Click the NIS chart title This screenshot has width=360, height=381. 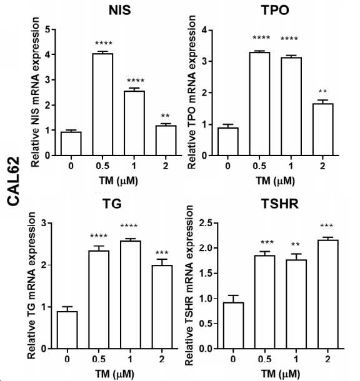click(x=119, y=10)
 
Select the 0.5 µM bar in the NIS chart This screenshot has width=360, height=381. click(x=102, y=104)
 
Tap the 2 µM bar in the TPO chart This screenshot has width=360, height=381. click(x=322, y=129)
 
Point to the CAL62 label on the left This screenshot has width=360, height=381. click(x=13, y=181)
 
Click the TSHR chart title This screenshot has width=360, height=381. click(x=280, y=204)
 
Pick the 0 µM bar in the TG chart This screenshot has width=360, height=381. click(x=67, y=330)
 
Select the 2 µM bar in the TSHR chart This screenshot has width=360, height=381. click(x=328, y=294)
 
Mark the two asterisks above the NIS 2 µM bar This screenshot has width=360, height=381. click(x=165, y=116)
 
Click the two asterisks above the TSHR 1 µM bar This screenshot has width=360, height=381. click(x=296, y=244)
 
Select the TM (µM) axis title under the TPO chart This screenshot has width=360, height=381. click(x=275, y=181)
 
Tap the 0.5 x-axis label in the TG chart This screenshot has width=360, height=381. click(x=99, y=359)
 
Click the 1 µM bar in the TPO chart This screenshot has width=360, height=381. click(x=291, y=106)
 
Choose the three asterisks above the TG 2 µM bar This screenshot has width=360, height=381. click(x=161, y=253)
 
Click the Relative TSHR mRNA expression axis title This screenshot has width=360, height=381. click(x=189, y=286)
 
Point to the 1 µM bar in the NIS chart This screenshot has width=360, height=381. click(x=134, y=123)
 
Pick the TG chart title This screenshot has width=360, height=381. click(x=112, y=204)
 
